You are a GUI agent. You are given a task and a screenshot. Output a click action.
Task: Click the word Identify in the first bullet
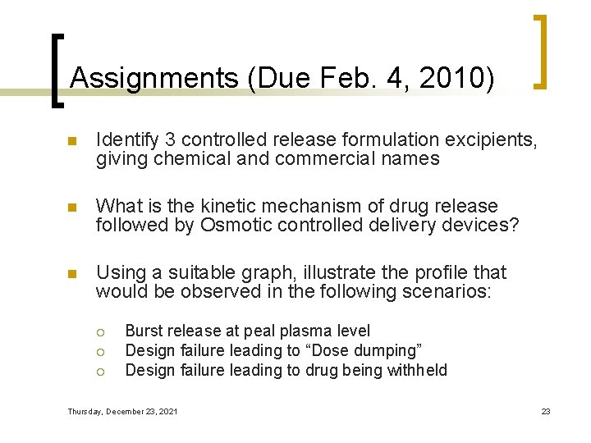(125, 141)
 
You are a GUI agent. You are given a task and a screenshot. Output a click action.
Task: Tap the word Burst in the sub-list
(144, 331)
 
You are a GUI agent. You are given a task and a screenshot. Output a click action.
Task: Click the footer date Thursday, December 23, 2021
(122, 411)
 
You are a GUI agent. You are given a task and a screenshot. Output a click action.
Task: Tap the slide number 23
(546, 411)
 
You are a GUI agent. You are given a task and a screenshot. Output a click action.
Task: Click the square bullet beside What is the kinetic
(71, 207)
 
